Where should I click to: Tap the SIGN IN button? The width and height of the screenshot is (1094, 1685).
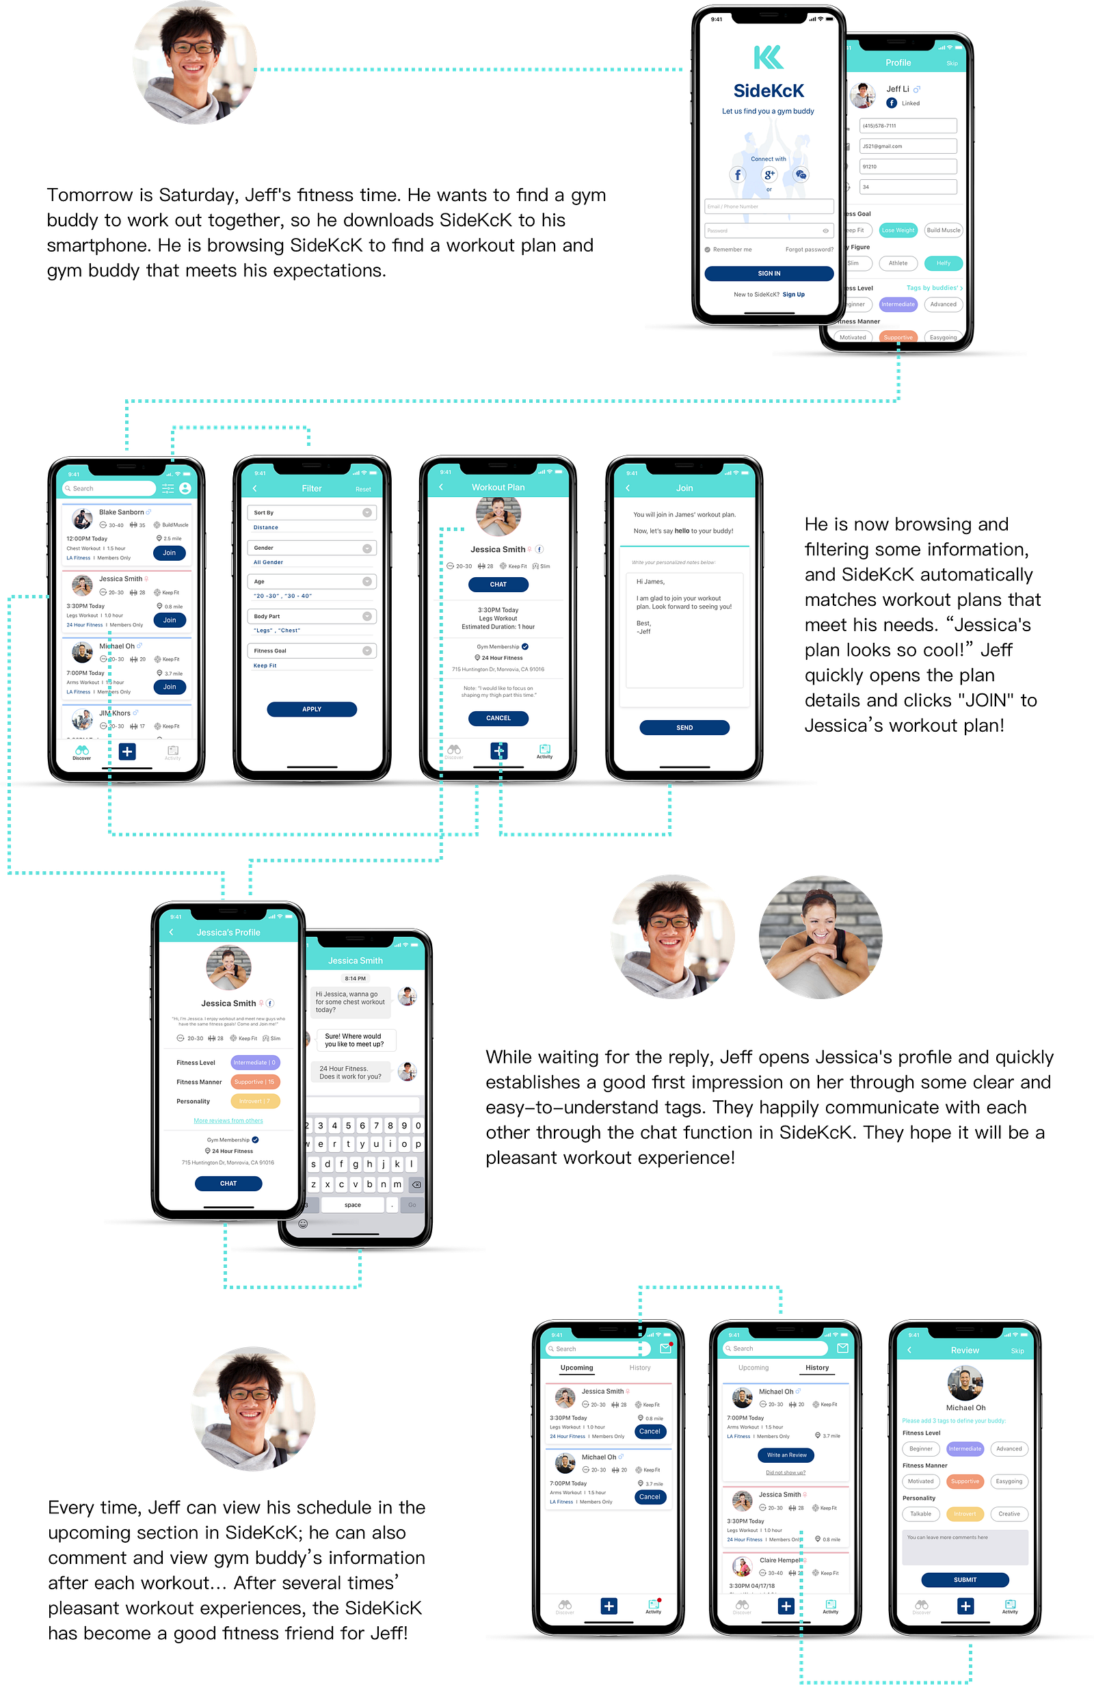769,274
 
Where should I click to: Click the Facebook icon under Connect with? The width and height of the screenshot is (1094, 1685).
738,174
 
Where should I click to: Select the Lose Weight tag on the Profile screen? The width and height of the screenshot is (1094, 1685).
897,230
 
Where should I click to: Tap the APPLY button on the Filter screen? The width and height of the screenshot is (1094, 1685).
312,708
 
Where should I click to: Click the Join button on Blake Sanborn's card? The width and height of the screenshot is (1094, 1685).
170,553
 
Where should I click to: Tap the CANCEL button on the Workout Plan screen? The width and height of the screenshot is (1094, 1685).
498,718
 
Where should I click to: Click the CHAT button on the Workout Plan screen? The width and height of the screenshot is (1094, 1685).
498,584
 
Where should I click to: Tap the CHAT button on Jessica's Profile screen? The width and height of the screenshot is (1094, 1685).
228,1183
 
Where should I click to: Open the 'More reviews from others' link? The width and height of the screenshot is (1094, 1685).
228,1121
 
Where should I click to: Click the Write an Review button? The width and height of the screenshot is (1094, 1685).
786,1455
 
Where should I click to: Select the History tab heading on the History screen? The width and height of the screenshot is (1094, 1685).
816,1368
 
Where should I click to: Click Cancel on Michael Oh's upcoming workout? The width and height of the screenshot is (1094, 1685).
650,1497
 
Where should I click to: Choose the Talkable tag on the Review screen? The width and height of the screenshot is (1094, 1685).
920,1513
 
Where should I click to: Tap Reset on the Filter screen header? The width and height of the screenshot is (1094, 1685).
363,489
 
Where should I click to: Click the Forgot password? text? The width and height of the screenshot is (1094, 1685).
809,249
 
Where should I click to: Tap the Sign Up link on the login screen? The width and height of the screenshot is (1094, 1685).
793,295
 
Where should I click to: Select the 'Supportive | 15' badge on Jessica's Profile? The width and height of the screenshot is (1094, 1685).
255,1082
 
